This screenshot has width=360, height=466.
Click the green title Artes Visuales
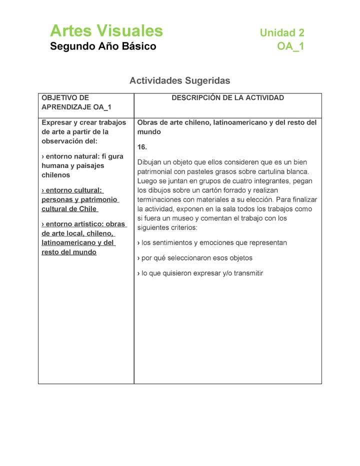coord(106,31)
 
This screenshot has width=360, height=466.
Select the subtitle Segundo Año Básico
coord(103,46)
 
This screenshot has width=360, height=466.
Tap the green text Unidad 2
coord(281,33)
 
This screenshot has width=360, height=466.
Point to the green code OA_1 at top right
coord(290,47)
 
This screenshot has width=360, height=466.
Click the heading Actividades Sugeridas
coord(179,80)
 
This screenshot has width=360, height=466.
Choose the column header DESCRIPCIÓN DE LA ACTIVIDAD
coord(227,98)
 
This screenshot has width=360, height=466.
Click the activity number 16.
coord(142,147)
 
